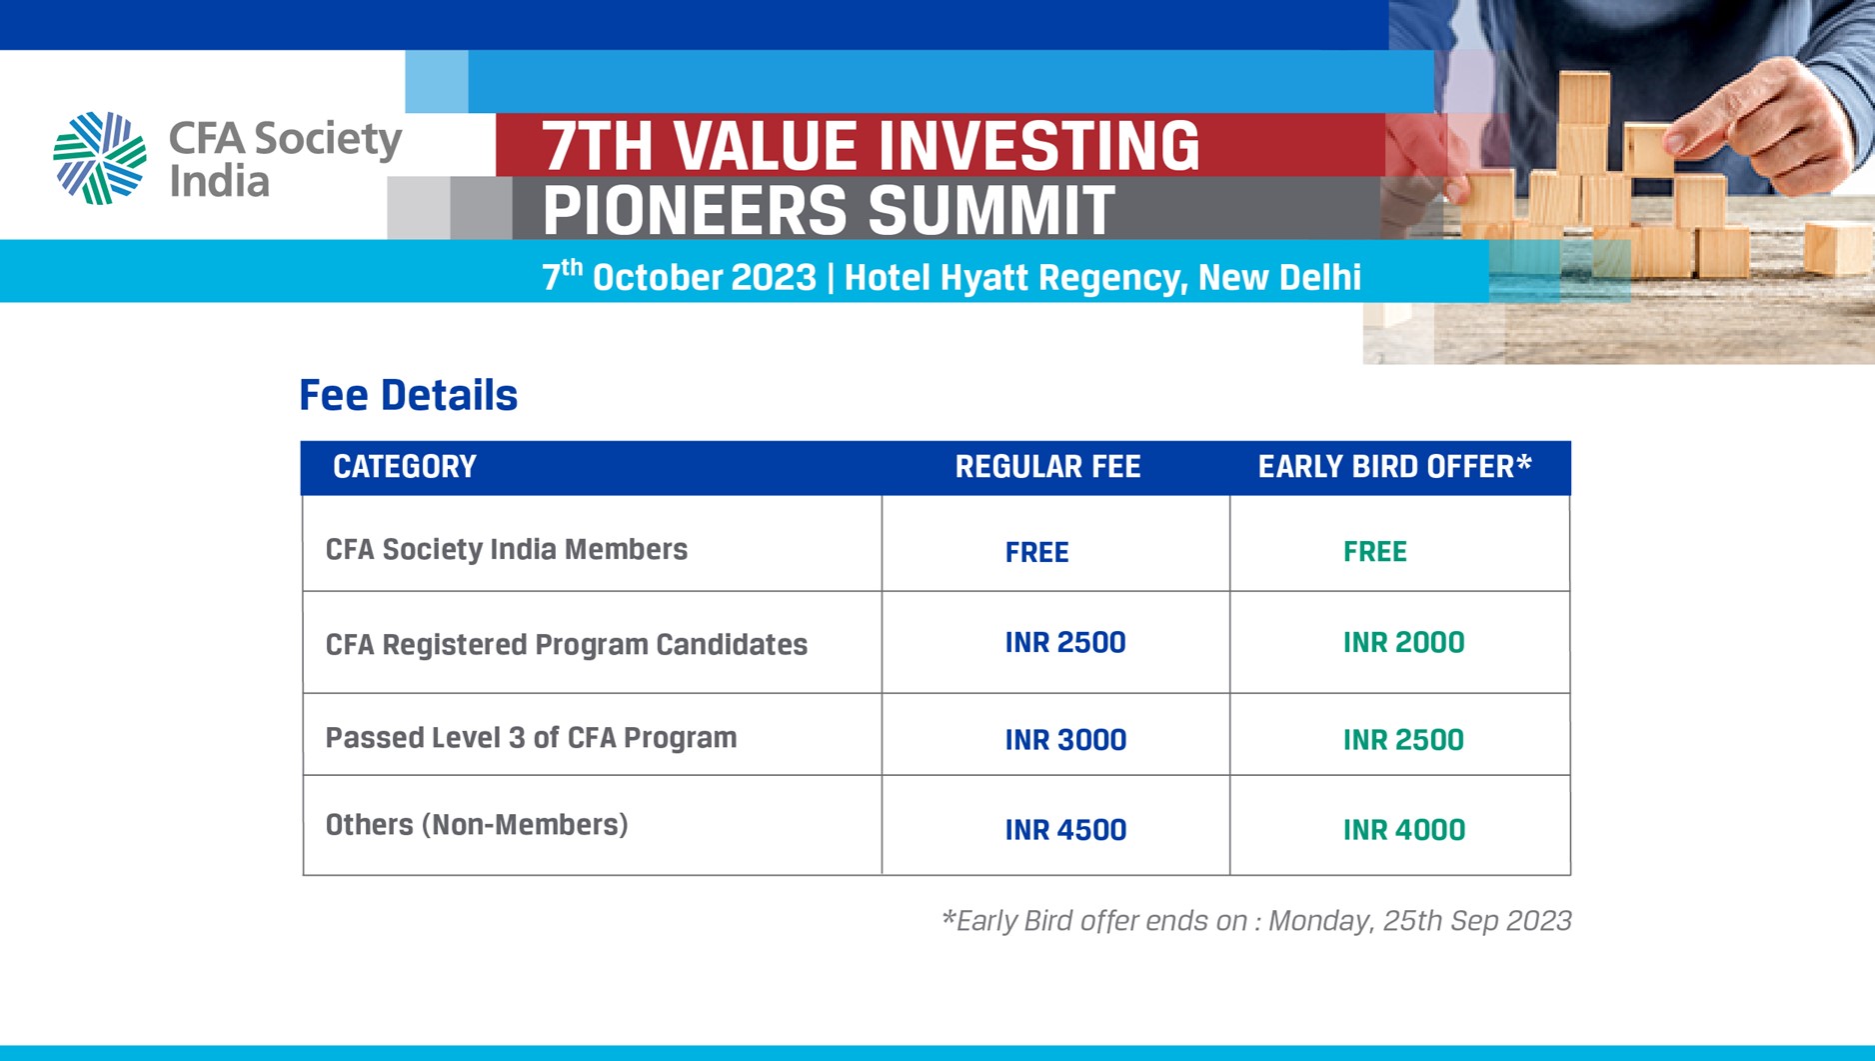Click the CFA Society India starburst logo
(x=99, y=158)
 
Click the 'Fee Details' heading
(x=408, y=395)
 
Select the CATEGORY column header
(x=405, y=467)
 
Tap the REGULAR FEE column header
(x=1047, y=467)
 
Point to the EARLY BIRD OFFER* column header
(x=1394, y=466)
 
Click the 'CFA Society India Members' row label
(x=507, y=549)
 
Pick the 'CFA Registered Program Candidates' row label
(x=567, y=645)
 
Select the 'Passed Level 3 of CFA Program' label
(x=531, y=738)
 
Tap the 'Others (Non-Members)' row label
(x=477, y=825)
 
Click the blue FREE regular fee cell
(x=1037, y=552)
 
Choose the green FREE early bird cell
(x=1375, y=551)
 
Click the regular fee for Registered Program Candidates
(x=1065, y=642)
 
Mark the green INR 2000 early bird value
(x=1404, y=642)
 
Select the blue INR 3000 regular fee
(x=1065, y=740)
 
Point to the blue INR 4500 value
(x=1065, y=830)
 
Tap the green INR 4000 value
(x=1404, y=830)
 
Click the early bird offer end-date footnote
(x=1256, y=921)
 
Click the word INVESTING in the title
(x=1035, y=146)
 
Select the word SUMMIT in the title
(x=990, y=211)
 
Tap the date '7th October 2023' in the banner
(x=679, y=276)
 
